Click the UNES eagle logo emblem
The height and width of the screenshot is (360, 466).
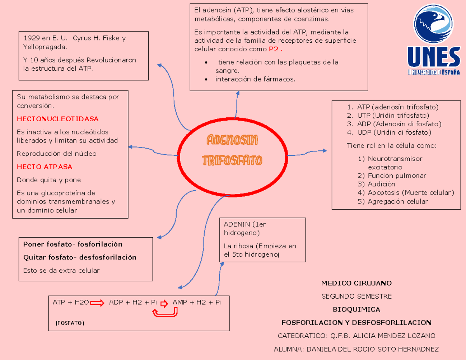pyautogui.click(x=433, y=24)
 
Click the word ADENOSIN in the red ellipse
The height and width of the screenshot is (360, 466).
pyautogui.click(x=232, y=140)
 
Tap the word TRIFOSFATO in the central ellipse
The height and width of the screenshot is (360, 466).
pyautogui.click(x=232, y=160)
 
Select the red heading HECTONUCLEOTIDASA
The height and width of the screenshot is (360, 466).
pyautogui.click(x=57, y=119)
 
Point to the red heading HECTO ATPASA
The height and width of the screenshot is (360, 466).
pyautogui.click(x=45, y=167)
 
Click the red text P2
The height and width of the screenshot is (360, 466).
pyautogui.click(x=274, y=49)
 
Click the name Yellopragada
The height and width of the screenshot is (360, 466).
pyautogui.click(x=45, y=47)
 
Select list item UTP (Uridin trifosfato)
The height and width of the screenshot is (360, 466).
pyautogui.click(x=393, y=115)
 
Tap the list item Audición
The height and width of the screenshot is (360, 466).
pyautogui.click(x=381, y=184)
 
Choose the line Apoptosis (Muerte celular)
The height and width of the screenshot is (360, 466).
pyautogui.click(x=411, y=193)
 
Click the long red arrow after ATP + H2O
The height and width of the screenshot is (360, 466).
pyautogui.click(x=97, y=303)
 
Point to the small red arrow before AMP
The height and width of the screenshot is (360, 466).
pyautogui.click(x=164, y=303)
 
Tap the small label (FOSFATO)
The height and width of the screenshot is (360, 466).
pyautogui.click(x=70, y=323)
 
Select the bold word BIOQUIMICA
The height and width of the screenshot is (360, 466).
pyautogui.click(x=356, y=310)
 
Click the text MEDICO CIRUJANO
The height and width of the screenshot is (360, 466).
pyautogui.click(x=356, y=283)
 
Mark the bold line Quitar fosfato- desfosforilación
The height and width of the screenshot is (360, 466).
pyautogui.click(x=80, y=257)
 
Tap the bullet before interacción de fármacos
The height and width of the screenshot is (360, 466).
pyautogui.click(x=206, y=80)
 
